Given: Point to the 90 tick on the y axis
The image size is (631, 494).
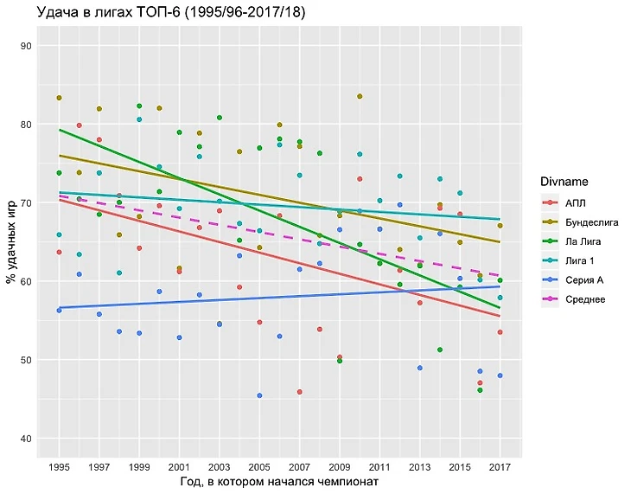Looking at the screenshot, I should tap(29, 46).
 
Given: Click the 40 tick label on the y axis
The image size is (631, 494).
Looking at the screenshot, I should tap(29, 439).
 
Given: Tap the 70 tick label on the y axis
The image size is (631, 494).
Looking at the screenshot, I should tap(29, 203).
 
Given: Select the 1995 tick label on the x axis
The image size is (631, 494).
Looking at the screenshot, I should tap(59, 466).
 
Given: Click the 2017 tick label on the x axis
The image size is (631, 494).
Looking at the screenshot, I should tap(500, 466).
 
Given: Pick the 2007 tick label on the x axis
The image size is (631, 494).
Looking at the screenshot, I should tap(299, 466).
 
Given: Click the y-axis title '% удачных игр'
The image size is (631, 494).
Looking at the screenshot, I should tap(11, 242).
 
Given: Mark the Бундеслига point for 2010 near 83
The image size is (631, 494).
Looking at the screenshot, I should tap(360, 96).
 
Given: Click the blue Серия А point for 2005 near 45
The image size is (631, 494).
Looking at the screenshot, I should tap(259, 395).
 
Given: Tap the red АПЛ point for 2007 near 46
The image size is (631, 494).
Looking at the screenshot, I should tap(299, 392).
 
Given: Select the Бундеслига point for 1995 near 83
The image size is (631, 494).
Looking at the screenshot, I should tap(59, 98).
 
